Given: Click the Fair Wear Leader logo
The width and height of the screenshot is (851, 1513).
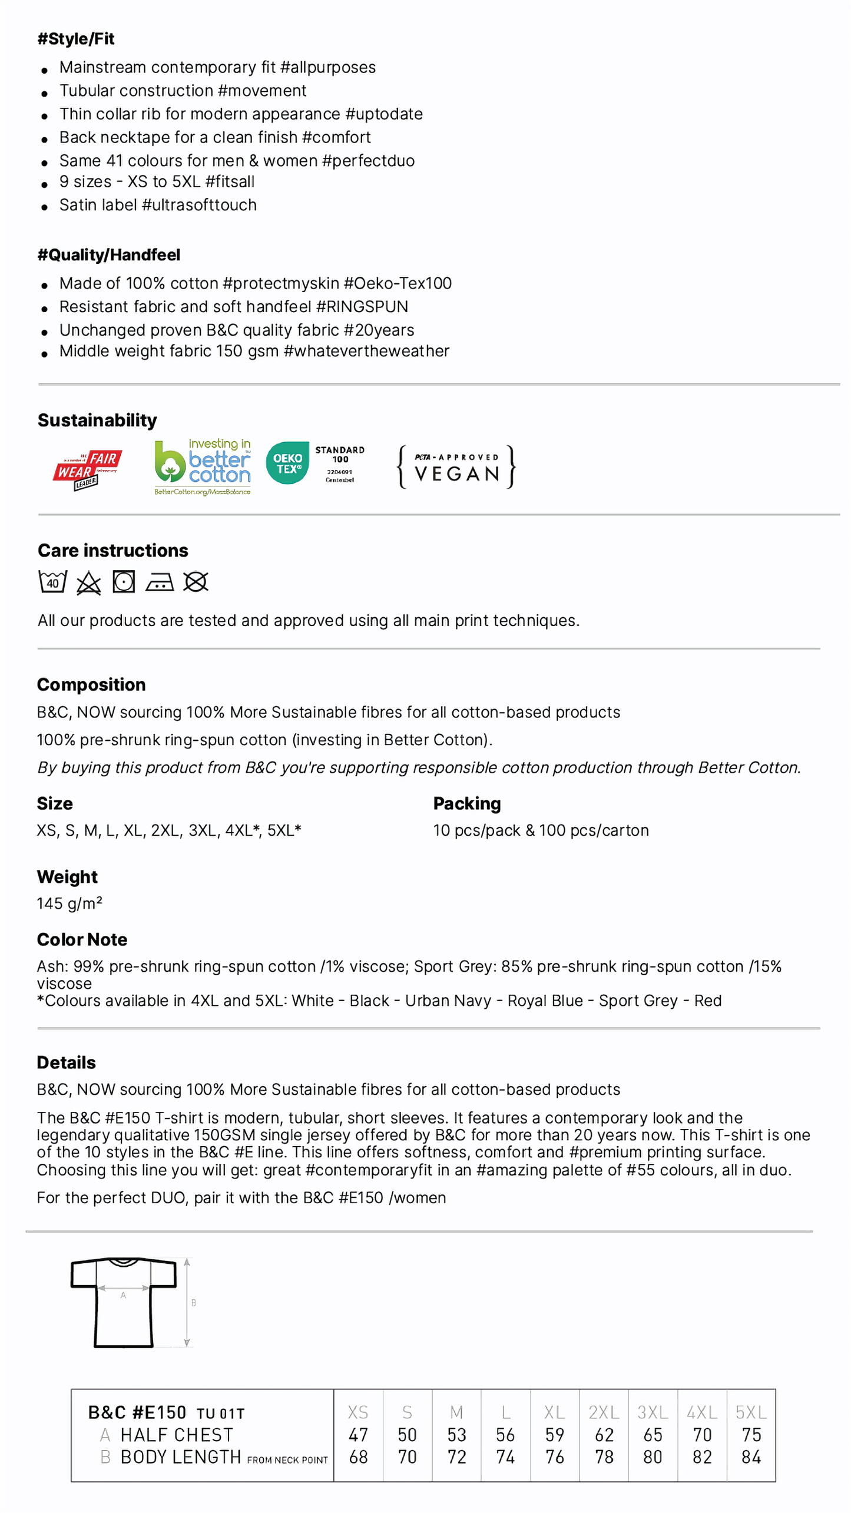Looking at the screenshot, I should tap(87, 469).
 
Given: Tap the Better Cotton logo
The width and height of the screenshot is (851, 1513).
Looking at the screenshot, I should tap(202, 467).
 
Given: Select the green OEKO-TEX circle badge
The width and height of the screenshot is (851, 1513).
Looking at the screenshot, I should tap(287, 463).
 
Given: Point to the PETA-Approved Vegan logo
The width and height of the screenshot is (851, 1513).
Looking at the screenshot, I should tap(456, 466).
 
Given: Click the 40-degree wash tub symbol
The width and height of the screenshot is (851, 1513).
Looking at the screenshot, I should tap(52, 582).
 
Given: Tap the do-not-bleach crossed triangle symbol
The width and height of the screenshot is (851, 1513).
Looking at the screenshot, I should tap(88, 583).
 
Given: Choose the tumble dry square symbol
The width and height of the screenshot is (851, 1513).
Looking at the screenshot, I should tap(124, 582).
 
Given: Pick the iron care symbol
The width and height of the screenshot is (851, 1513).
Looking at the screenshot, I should tap(160, 582).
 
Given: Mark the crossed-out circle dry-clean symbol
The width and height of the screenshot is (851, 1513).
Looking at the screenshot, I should tap(196, 582).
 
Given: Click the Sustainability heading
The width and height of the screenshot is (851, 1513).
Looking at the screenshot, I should tap(97, 420).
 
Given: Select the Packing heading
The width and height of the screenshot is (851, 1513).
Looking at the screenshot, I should tap(466, 803).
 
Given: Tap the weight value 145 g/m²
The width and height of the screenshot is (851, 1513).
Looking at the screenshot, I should tap(69, 903).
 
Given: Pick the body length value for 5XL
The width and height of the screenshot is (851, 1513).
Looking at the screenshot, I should tap(751, 1456).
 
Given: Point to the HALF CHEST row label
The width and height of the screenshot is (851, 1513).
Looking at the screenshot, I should tap(176, 1435).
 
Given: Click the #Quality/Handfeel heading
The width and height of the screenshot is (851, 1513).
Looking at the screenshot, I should tap(109, 255).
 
